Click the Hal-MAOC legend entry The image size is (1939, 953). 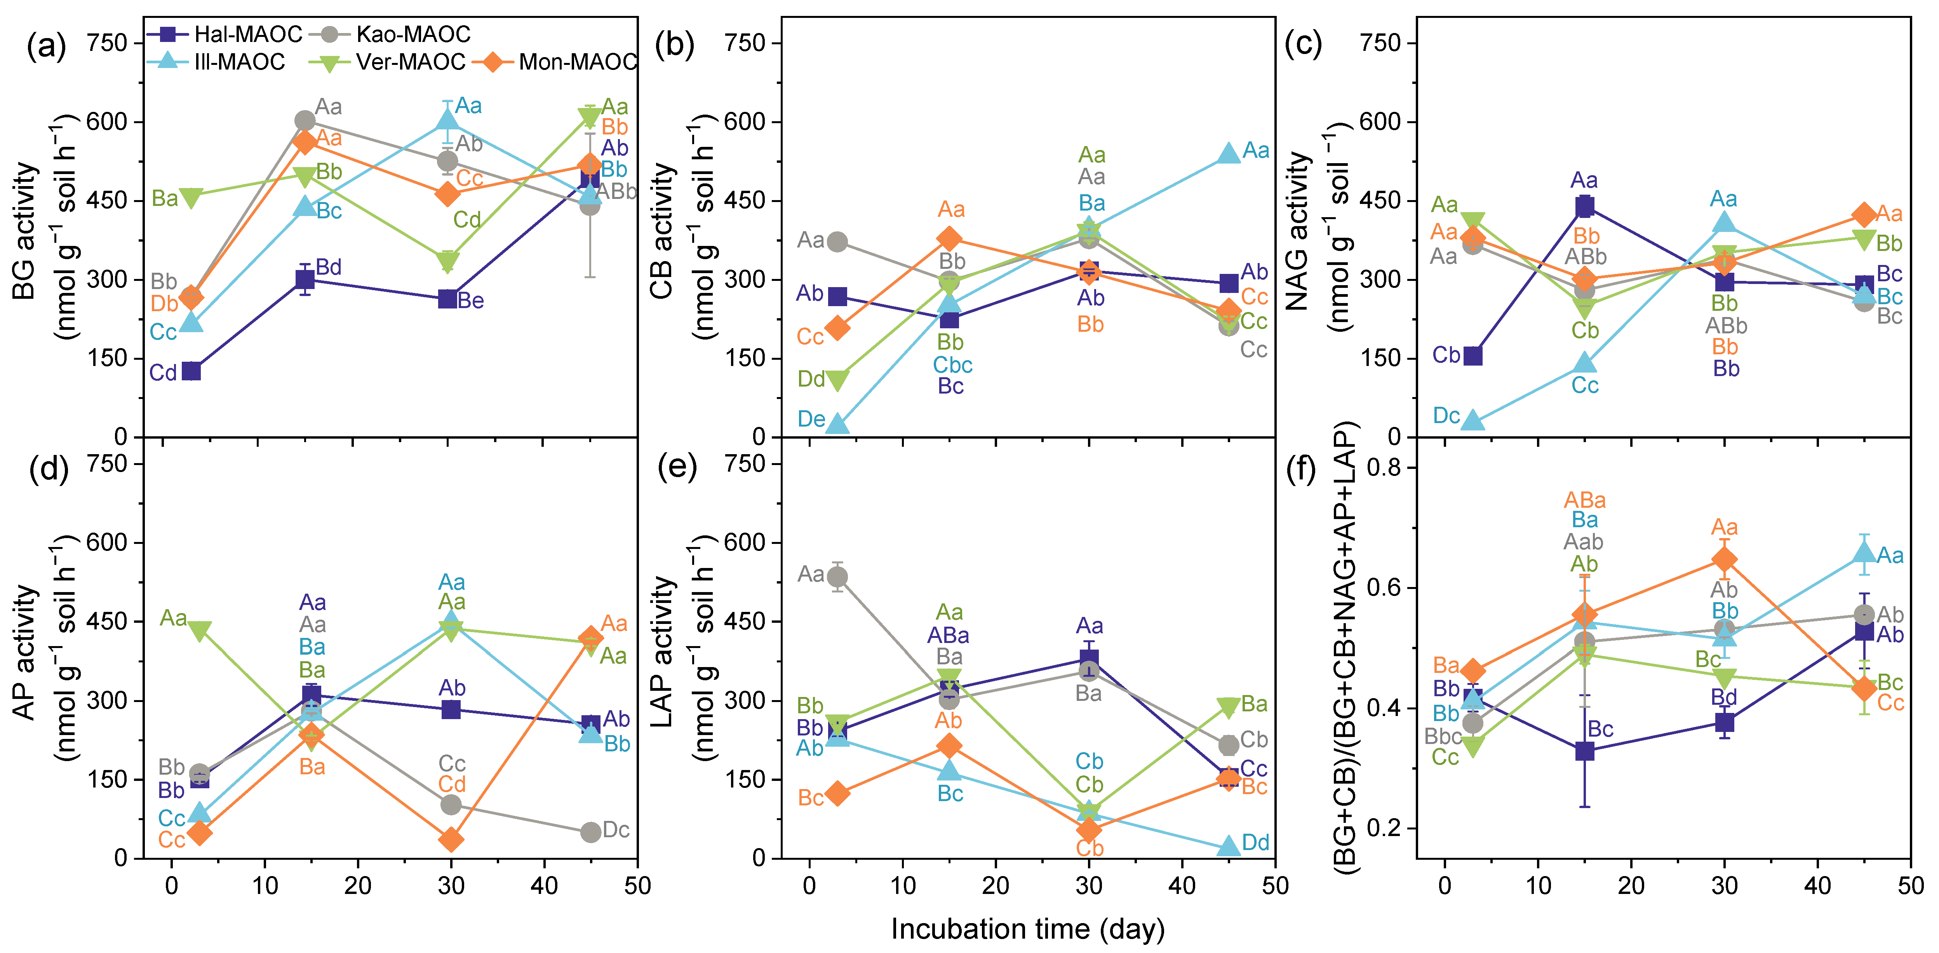(224, 34)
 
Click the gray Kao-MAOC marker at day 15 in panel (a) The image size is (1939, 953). (305, 120)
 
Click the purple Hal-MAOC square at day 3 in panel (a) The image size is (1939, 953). (191, 371)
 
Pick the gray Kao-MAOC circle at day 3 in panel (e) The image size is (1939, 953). (837, 577)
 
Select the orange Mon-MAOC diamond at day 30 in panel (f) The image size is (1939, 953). (1725, 559)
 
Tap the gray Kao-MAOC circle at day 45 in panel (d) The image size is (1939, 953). (591, 832)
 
